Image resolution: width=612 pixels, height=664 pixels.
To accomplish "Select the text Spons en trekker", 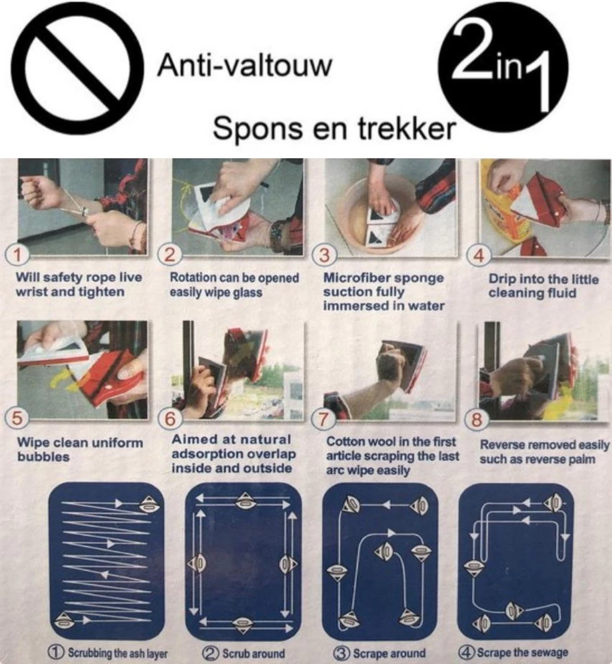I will point(334,128).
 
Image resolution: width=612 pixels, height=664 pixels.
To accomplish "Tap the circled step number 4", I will point(479,256).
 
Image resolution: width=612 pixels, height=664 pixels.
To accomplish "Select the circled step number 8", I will point(476,421).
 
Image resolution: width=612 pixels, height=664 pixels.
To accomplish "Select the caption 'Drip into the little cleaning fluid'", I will point(543,286).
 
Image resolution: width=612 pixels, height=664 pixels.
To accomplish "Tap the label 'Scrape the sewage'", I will point(514,652).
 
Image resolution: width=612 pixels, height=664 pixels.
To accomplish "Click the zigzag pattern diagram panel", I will point(106,561).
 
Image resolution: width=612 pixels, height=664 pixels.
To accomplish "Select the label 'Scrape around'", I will point(381,653).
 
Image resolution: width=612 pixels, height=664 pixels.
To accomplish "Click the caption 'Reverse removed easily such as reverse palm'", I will point(544,452).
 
